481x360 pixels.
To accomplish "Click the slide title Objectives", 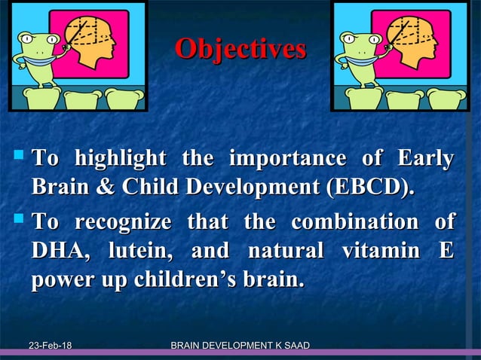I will point(240,49).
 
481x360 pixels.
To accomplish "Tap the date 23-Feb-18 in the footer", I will point(51,346).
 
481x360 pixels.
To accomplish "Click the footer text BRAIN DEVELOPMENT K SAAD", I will point(240,346).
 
